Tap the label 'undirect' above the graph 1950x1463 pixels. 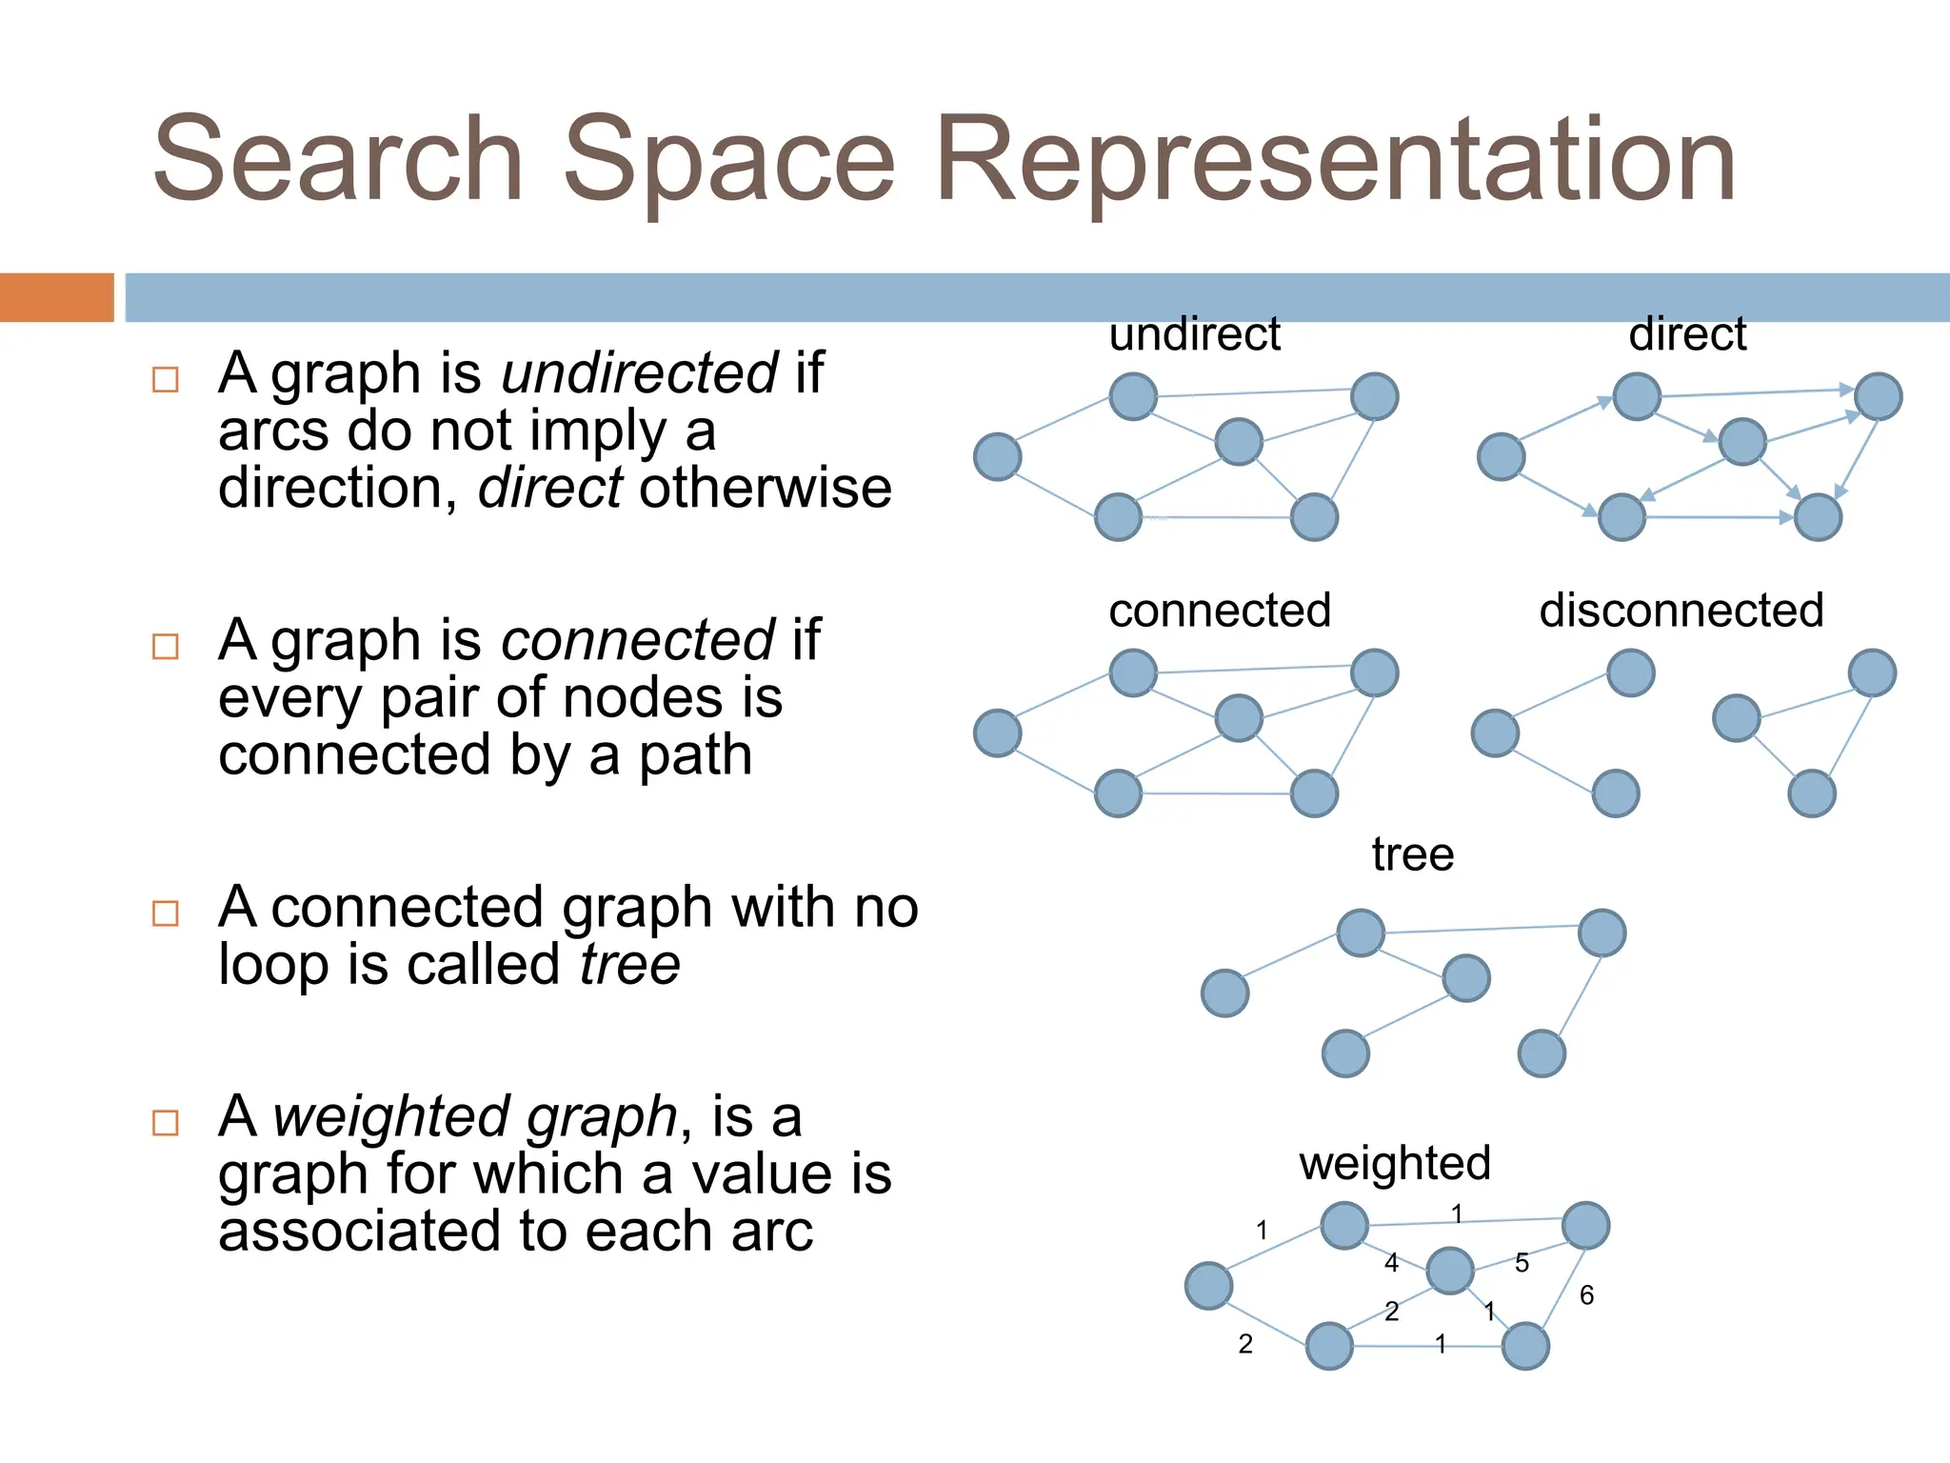(x=1194, y=334)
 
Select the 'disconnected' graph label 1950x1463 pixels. (x=1681, y=611)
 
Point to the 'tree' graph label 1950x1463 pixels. (x=1412, y=854)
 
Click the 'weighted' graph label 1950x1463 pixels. (x=1394, y=1164)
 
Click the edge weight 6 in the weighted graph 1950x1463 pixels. (x=1586, y=1295)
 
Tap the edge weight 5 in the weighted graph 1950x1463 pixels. (x=1522, y=1263)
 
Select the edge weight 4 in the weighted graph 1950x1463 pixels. (x=1391, y=1263)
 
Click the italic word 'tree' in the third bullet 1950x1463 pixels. (x=630, y=965)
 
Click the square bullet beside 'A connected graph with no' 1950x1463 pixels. (x=166, y=913)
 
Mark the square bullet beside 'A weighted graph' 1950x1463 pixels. (x=166, y=1123)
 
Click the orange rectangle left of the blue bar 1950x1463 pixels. (x=56, y=297)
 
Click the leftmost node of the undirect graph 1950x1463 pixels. (x=997, y=456)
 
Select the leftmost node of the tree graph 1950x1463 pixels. (x=1224, y=993)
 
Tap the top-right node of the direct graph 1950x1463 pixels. (x=1878, y=396)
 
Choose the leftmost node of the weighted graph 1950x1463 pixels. (x=1208, y=1286)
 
